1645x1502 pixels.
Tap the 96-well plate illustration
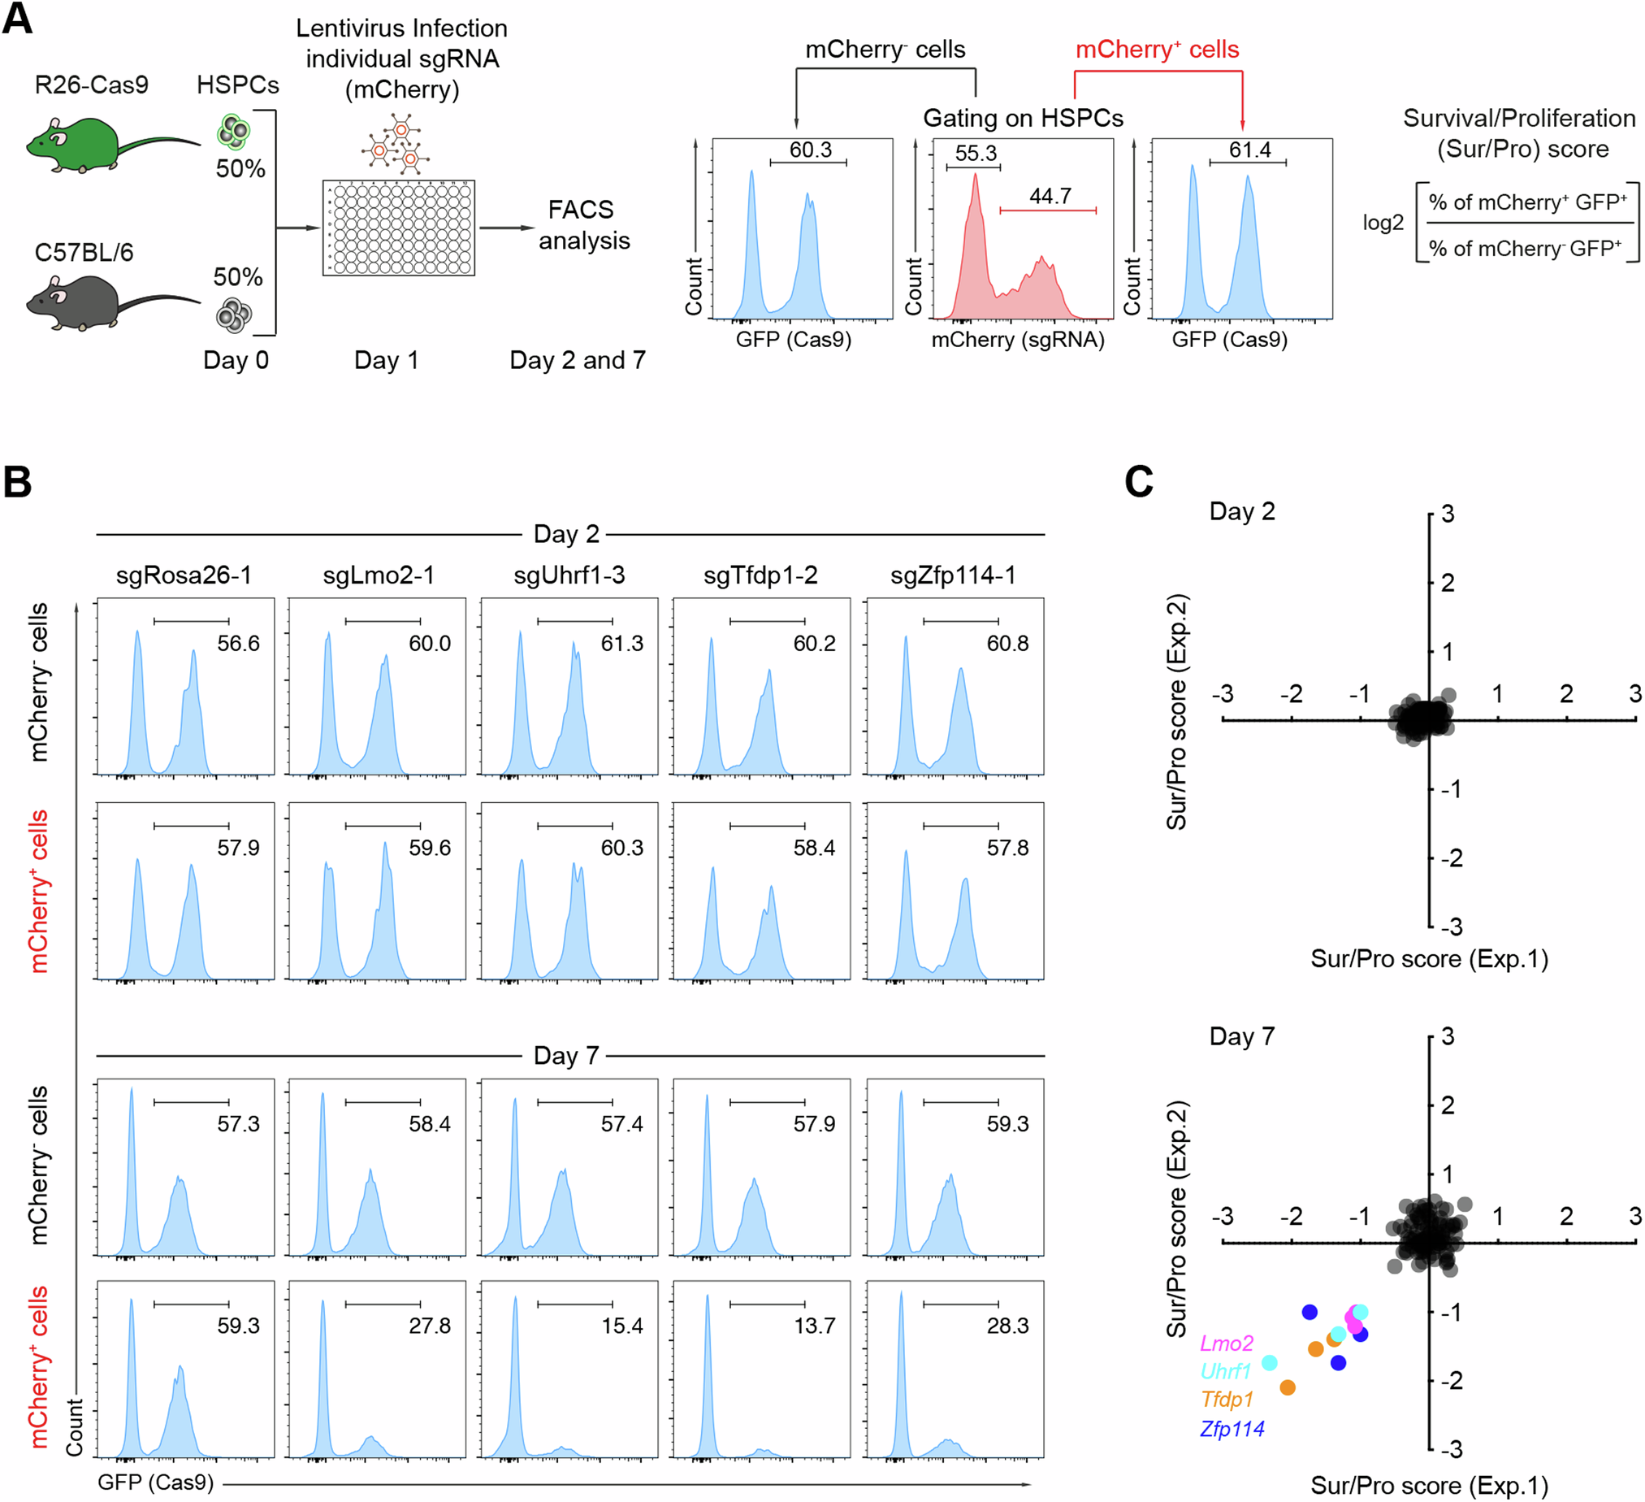tap(398, 228)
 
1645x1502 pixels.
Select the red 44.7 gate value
tap(1050, 196)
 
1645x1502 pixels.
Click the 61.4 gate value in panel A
tap(1249, 150)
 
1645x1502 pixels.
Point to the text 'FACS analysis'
tap(582, 225)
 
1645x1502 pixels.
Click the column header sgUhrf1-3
tap(569, 575)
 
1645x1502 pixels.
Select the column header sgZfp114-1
tap(953, 575)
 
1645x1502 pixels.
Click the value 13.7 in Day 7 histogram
tap(813, 1326)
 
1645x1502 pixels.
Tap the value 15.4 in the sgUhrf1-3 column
tap(621, 1326)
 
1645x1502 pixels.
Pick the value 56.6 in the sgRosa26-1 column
tap(237, 643)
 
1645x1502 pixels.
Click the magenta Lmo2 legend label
tap(1226, 1343)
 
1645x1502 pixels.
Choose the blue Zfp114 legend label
tap(1232, 1429)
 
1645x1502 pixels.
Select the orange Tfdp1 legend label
tap(1227, 1399)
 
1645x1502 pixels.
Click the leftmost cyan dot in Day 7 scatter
tap(1269, 1362)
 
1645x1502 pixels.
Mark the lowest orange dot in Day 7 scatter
tap(1288, 1387)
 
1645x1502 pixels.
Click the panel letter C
tap(1138, 482)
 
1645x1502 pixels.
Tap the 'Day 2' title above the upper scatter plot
tap(1241, 512)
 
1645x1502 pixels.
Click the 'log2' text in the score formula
tap(1383, 223)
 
